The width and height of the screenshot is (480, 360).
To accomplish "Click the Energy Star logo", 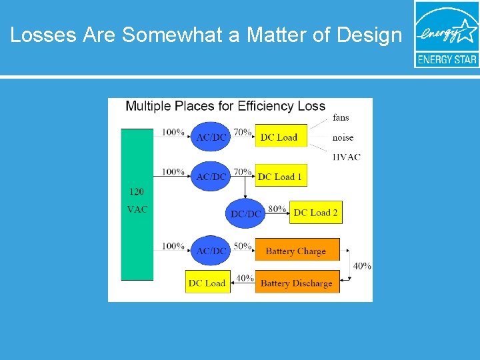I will [446, 34].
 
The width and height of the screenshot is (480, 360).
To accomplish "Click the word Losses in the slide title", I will [44, 35].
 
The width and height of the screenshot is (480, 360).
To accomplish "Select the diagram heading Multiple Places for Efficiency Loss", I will [225, 106].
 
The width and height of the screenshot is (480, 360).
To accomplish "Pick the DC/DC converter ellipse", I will [246, 213].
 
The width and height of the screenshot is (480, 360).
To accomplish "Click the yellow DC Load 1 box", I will [281, 177].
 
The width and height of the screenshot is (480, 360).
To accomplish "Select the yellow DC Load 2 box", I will [316, 213].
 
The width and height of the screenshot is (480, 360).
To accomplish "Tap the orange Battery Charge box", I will [297, 251].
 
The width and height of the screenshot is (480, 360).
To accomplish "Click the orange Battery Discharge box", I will [297, 283].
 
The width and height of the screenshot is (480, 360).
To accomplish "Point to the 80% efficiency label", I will [277, 209].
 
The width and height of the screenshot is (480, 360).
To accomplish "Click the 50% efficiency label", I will [243, 246].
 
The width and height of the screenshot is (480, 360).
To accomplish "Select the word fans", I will [341, 118].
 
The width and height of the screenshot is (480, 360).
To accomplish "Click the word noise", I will [343, 137].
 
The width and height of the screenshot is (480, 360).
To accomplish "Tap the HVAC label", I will [346, 157].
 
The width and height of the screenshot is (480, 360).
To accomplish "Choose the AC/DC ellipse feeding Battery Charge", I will [211, 250].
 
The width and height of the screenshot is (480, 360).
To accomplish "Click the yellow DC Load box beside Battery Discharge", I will [207, 283].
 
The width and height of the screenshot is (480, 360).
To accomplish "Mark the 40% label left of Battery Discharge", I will [245, 278].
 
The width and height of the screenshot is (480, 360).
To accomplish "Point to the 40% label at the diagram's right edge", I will [362, 266].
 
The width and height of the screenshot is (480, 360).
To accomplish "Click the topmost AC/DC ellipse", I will [211, 137].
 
